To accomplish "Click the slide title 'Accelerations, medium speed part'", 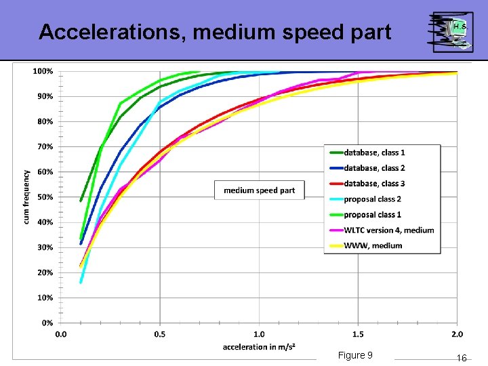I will point(215,32).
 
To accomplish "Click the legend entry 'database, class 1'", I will point(373,152).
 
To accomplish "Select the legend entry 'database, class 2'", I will point(373,168).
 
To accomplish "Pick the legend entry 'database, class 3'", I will point(373,184).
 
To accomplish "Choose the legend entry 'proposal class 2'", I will point(372,199).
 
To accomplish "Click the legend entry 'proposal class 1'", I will point(372,215).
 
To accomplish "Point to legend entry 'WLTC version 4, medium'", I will point(388,230).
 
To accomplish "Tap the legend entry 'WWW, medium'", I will point(372,246).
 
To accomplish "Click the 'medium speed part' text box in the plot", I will point(260,190).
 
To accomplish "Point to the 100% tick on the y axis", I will point(43,71).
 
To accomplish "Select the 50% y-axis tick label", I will point(45,197).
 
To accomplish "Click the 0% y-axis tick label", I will point(46,323).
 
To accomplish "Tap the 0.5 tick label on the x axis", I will point(160,334).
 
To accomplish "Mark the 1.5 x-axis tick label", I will point(358,334).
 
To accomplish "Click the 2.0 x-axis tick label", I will point(457,334).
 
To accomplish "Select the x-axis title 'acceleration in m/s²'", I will point(259,347).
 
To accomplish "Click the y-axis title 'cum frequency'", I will point(26,197).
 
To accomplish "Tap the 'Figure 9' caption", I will point(355,356).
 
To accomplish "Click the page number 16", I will point(462,358).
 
